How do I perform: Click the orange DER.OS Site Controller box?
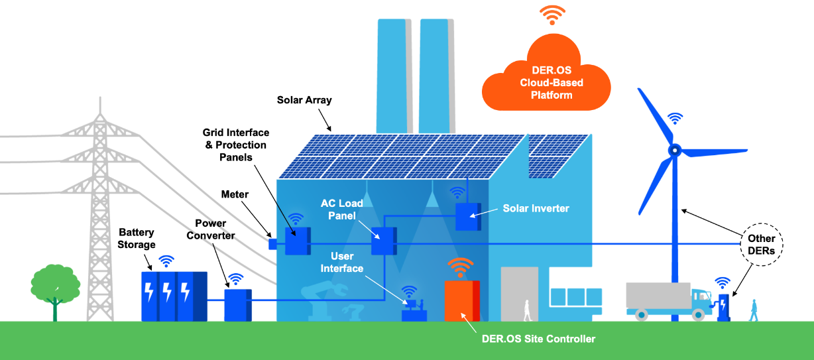[x=461, y=301]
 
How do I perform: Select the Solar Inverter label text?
[x=536, y=208]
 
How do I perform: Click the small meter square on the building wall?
[x=272, y=243]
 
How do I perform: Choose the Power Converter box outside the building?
[x=237, y=304]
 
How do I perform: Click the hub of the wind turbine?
[x=674, y=150]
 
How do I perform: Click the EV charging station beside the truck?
[x=723, y=307]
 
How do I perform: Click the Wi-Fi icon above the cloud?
[x=552, y=15]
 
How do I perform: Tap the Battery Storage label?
[x=137, y=239]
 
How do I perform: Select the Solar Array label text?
[x=304, y=100]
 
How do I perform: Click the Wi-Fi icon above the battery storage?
[x=166, y=261]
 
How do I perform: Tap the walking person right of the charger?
[x=753, y=310]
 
